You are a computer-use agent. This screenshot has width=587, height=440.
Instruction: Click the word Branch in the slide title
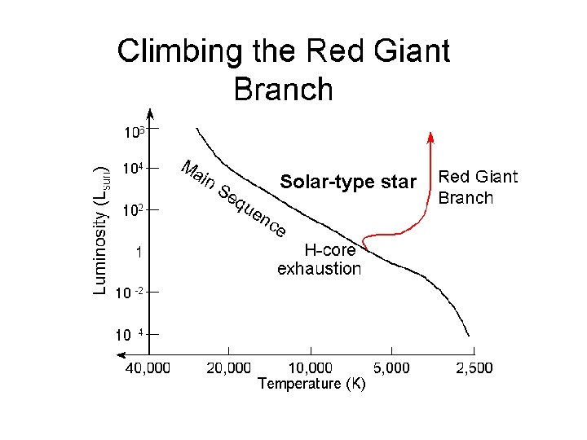coord(283,89)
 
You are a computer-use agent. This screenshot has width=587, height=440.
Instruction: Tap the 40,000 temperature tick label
coord(148,368)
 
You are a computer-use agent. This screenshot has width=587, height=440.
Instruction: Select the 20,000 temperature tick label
coord(229,368)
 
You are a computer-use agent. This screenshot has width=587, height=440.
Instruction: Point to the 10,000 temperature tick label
coord(311,368)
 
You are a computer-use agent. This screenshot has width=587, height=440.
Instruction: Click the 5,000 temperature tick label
coord(391,368)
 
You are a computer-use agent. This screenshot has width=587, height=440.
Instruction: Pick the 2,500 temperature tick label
coord(474,368)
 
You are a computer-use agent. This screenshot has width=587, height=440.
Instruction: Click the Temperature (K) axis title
coord(311,384)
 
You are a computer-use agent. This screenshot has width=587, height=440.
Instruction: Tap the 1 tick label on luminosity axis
coord(140,253)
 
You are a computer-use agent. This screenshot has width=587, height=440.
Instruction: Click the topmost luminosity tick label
coord(134,131)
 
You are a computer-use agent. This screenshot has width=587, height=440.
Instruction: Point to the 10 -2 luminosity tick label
coord(130,293)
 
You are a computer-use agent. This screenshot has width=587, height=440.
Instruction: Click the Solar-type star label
coord(347,181)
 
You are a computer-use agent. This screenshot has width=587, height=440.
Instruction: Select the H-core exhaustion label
coord(320,259)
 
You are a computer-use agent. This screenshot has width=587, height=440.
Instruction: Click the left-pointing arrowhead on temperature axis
coord(122,354)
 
